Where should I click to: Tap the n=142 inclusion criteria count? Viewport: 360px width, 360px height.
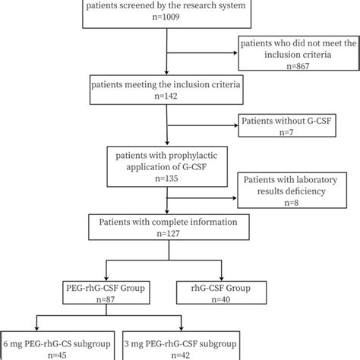click(x=166, y=99)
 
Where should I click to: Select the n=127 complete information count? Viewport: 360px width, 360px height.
click(x=166, y=238)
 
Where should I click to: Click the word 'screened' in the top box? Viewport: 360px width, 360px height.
click(x=144, y=6)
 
